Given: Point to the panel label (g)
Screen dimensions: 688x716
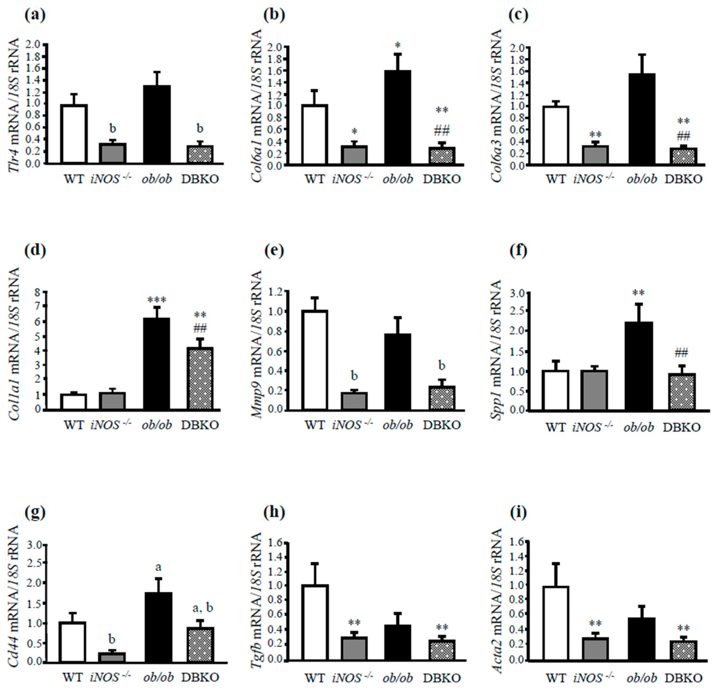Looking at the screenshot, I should pyautogui.click(x=35, y=513).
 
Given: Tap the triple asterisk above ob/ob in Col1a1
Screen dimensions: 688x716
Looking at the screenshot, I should pyautogui.click(x=157, y=300).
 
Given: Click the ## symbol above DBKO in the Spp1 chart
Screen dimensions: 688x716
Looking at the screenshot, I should pyautogui.click(x=681, y=353).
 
